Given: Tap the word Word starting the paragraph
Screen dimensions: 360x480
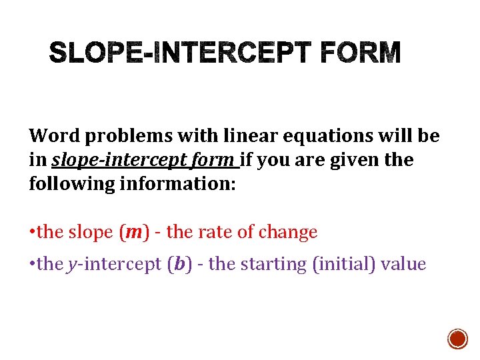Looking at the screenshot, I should pyautogui.click(x=55, y=136).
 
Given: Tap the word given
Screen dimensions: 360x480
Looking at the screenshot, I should pyautogui.click(x=347, y=160).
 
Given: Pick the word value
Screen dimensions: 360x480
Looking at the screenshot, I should pyautogui.click(x=403, y=264).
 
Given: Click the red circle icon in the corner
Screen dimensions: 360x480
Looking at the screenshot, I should pyautogui.click(x=457, y=339).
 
